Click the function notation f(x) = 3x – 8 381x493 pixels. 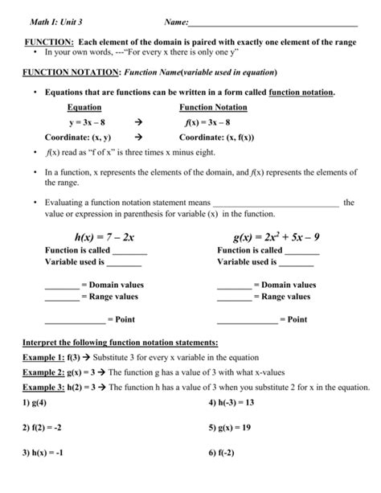(207, 123)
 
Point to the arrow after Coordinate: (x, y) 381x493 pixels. (138, 137)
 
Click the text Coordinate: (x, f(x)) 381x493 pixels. (219, 137)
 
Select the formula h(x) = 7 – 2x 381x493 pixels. (104, 237)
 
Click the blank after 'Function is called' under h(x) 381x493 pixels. (129, 252)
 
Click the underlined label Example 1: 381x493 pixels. (43, 355)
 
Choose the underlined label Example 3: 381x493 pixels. (43, 386)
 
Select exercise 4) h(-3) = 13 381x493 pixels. (231, 401)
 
